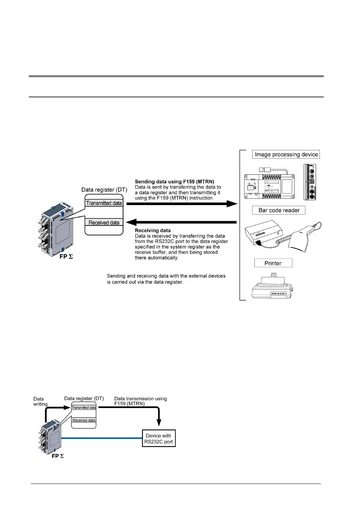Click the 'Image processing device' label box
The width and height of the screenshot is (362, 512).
click(286, 154)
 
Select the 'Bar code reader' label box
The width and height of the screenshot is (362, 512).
click(279, 210)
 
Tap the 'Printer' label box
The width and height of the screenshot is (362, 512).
click(273, 263)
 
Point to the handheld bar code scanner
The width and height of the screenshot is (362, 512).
click(303, 238)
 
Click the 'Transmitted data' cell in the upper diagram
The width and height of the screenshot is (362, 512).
click(104, 203)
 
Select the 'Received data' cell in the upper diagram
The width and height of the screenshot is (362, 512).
click(104, 222)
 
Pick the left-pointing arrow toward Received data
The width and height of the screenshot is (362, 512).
click(181, 222)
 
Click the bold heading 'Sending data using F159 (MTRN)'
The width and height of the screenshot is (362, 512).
click(174, 182)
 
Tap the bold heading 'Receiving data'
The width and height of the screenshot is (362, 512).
click(153, 231)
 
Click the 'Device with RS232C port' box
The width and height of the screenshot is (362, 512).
click(159, 439)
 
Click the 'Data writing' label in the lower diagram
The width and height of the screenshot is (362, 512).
click(40, 401)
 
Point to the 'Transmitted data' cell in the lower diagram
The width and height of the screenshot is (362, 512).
click(84, 408)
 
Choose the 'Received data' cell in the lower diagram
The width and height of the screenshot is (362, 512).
click(84, 420)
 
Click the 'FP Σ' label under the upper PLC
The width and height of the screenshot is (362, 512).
click(66, 257)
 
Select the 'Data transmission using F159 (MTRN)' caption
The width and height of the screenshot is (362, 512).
click(140, 401)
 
